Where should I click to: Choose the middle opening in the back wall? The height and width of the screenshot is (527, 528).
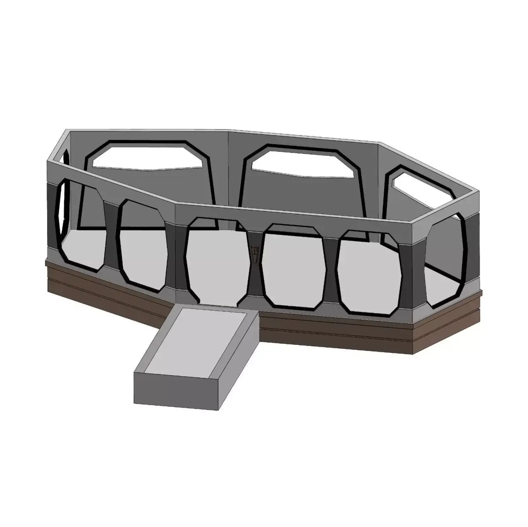pos(304,163)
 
